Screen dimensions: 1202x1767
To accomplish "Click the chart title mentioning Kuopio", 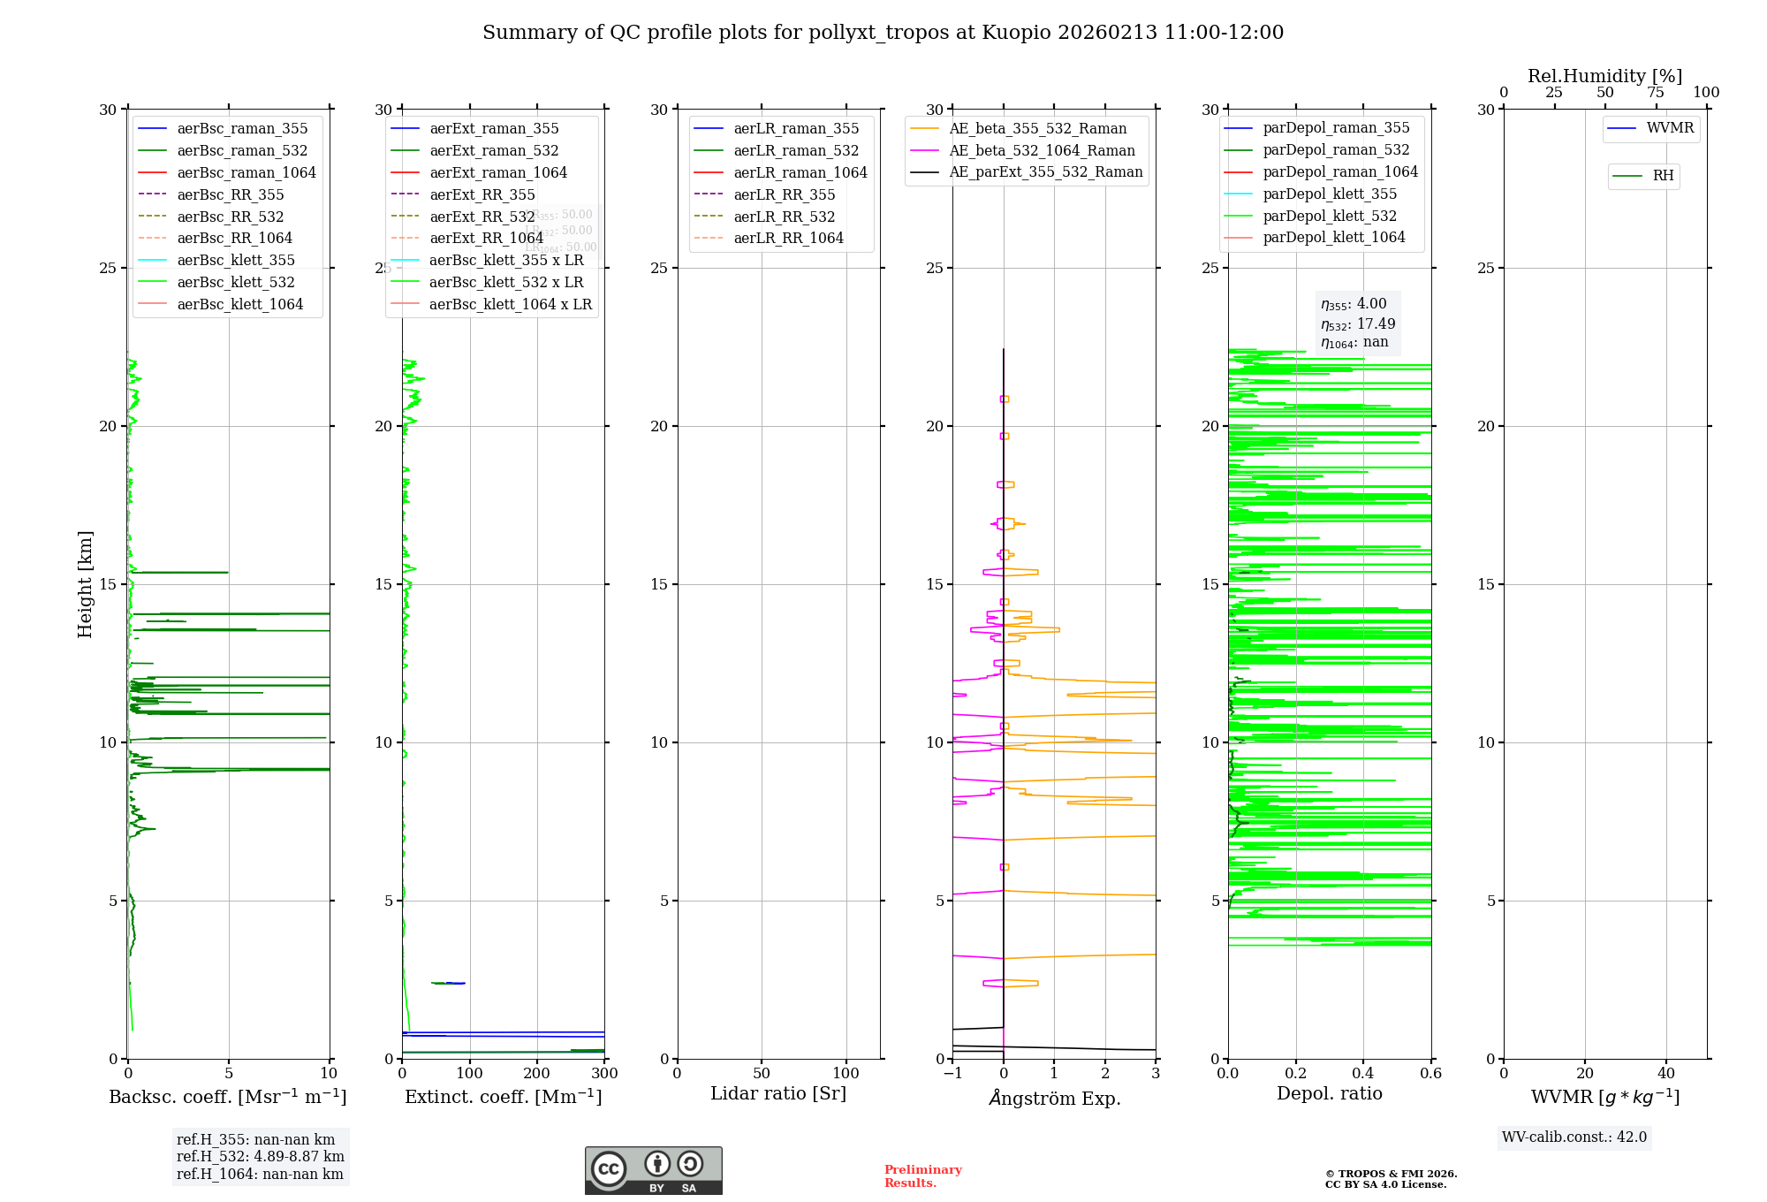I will (x=883, y=33).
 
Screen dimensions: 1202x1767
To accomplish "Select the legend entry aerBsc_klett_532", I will (x=235, y=283).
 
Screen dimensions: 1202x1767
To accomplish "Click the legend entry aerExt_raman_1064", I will (x=498, y=173).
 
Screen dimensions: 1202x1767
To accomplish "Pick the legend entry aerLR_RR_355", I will (x=784, y=195).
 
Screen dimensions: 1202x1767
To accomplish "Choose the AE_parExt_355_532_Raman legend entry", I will (x=1045, y=172).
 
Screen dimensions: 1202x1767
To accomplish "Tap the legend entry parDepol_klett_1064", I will (x=1333, y=238).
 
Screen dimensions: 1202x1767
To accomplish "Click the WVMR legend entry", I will (x=1669, y=129).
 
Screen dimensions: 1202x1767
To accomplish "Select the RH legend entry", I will (x=1662, y=176).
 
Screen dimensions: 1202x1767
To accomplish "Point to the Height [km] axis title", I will (x=85, y=584).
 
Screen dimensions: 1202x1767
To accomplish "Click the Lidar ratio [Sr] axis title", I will (x=778, y=1094).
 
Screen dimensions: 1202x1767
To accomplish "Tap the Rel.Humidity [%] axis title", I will (x=1604, y=77).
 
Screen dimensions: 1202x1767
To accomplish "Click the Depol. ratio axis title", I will (x=1329, y=1094).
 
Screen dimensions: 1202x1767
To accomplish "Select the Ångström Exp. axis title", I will (x=1054, y=1099).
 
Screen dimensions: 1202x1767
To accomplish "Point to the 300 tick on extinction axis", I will (x=604, y=1074).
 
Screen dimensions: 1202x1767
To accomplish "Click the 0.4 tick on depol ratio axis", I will (x=1363, y=1074).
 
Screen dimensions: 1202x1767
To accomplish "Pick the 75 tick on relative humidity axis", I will (x=1656, y=93).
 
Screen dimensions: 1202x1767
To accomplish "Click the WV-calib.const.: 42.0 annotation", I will (x=1574, y=1137).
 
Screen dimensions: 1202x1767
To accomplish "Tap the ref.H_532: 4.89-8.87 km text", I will (x=261, y=1157).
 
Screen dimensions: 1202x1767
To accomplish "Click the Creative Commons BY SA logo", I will (x=653, y=1171).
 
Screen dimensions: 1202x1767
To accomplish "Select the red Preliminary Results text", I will (x=922, y=1176).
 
